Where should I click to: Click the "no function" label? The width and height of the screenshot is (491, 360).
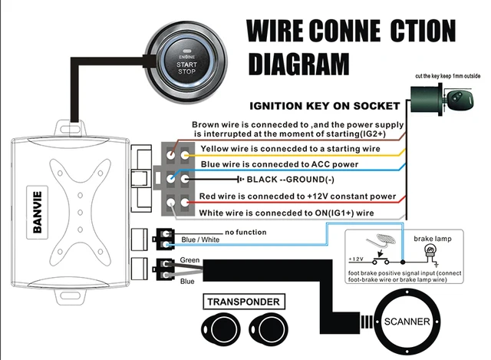click(245, 231)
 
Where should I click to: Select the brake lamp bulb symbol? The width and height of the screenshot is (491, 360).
click(430, 252)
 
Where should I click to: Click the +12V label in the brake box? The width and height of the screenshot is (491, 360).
click(358, 259)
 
